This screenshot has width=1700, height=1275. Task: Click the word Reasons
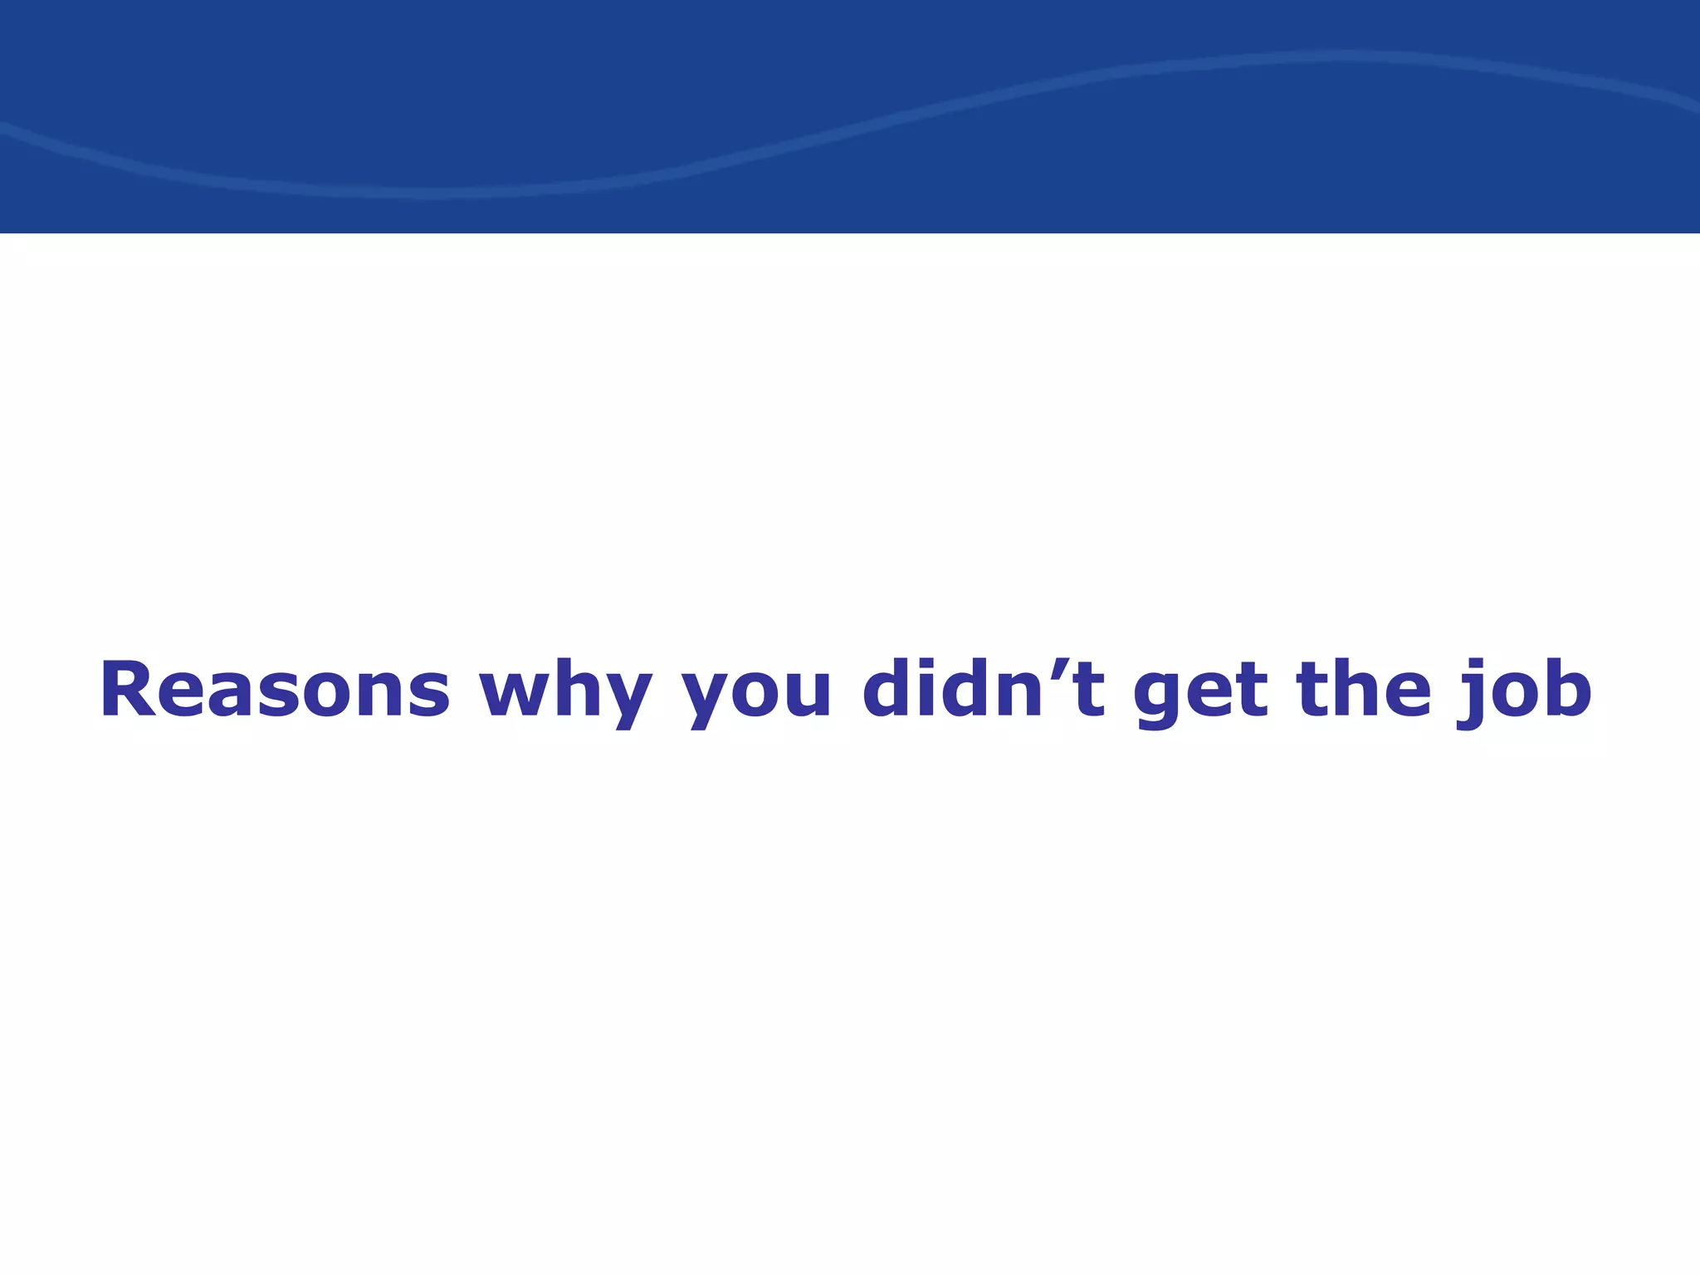point(275,690)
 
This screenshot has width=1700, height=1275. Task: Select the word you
point(756,694)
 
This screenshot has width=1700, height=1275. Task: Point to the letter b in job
point(1564,688)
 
